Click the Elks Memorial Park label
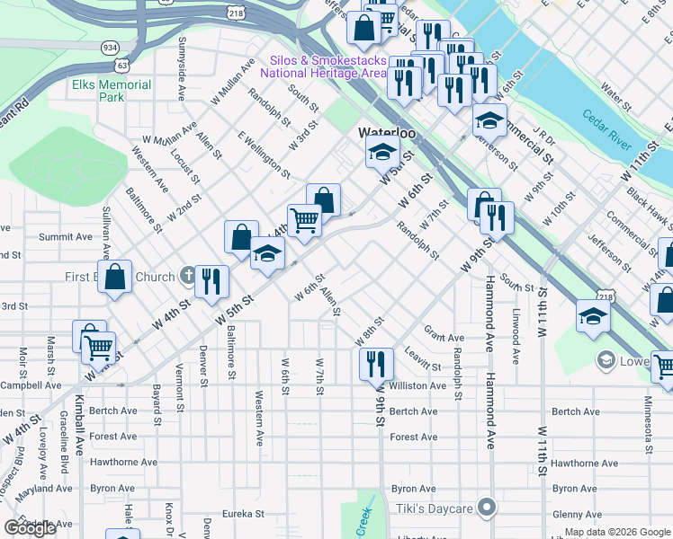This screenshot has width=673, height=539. tap(112, 91)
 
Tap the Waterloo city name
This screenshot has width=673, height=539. tap(387, 132)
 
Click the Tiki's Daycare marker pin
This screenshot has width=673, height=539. tap(487, 508)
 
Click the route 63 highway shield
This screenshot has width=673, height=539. tap(121, 66)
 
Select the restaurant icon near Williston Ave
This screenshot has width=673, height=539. tap(375, 364)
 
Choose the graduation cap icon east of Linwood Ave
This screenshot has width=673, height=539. tap(593, 317)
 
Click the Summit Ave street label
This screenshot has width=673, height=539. tap(65, 237)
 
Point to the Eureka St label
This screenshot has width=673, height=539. tap(245, 515)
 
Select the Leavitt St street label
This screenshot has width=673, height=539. tap(422, 359)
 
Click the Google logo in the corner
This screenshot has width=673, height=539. tap(31, 528)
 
